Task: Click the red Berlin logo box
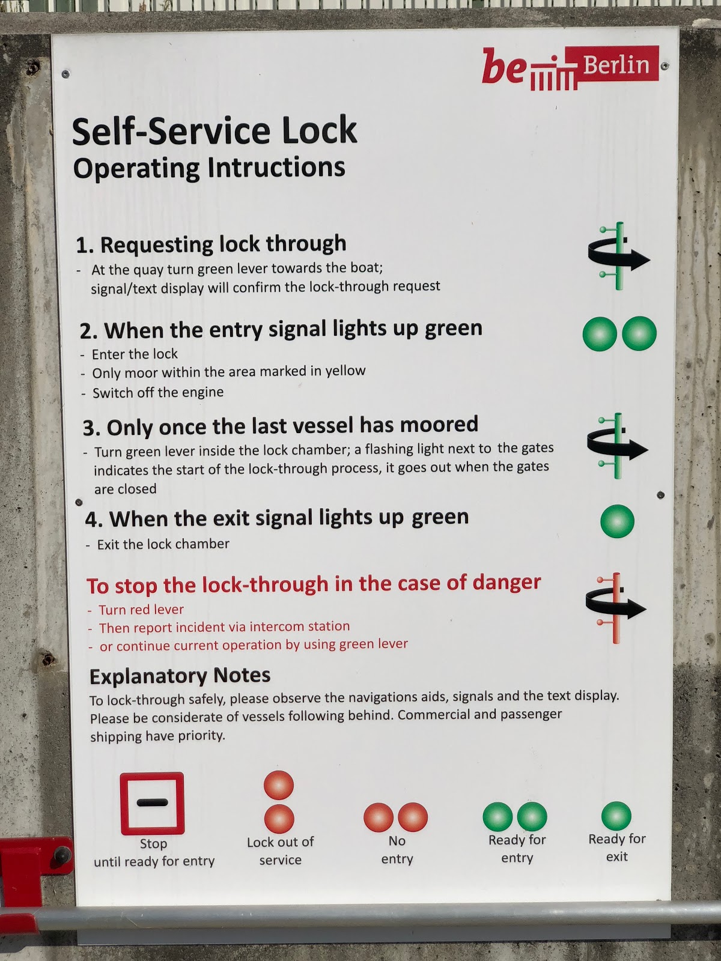tap(612, 64)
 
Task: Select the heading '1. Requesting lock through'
tap(211, 244)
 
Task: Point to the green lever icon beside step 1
tap(618, 256)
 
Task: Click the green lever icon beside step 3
tap(617, 446)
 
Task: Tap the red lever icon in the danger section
tap(615, 608)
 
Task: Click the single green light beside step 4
tap(617, 521)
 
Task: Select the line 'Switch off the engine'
tap(158, 392)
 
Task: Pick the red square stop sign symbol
tap(152, 803)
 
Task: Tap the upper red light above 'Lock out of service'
tap(278, 785)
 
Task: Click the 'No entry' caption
tap(397, 849)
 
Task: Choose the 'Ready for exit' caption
tap(617, 847)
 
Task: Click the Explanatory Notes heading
tap(180, 676)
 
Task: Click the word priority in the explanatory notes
tap(201, 736)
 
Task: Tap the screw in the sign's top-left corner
tap(65, 73)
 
